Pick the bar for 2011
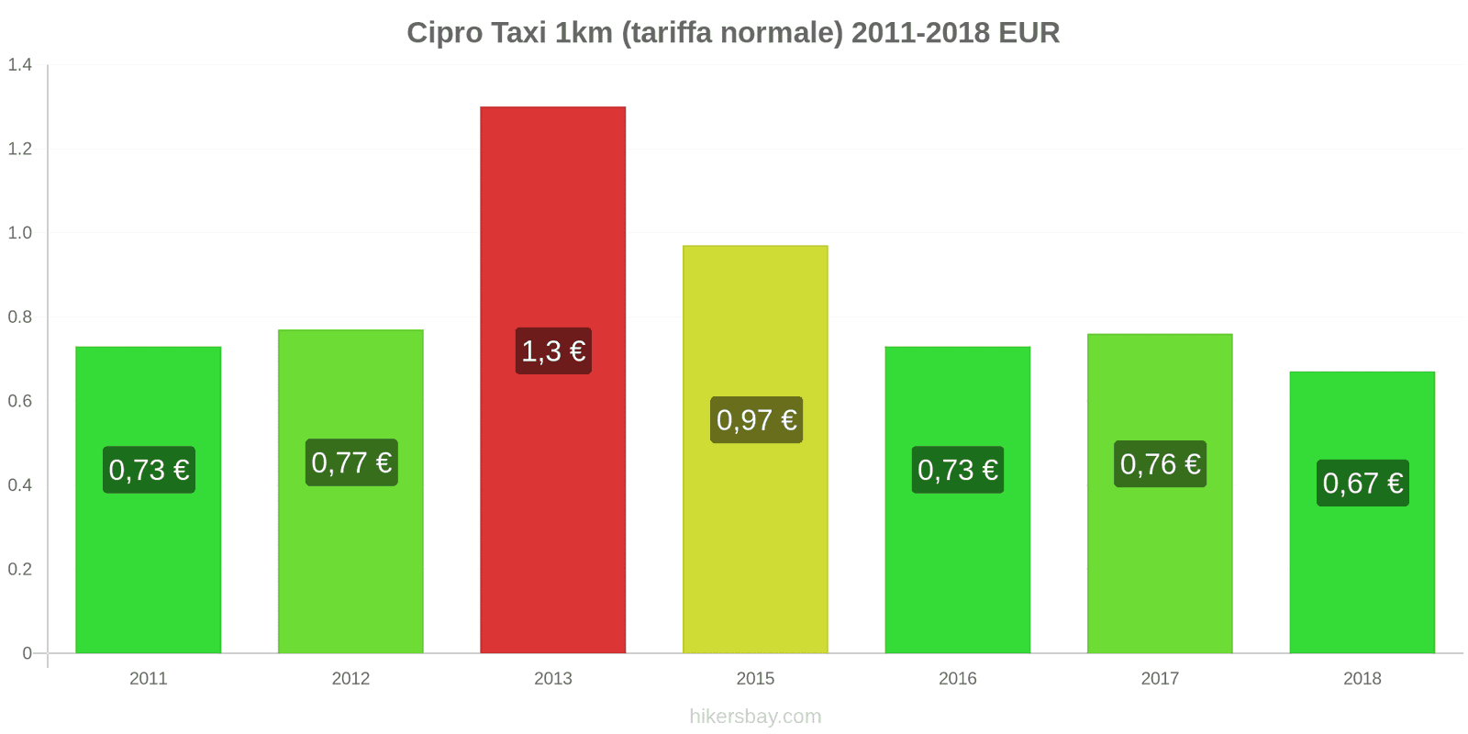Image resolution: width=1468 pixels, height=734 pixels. coord(149,569)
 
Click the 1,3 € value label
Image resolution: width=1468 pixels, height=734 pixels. coord(553,350)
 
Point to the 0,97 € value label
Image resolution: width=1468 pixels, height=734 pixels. coord(756,420)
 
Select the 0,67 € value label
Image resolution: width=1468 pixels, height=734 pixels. coord(1362,483)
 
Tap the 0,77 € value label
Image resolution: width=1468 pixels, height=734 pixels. coord(351,462)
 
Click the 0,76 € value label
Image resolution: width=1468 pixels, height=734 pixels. coord(1160,464)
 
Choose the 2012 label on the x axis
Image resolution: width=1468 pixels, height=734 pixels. coord(350,679)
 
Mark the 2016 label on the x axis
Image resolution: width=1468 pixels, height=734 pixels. coord(957,679)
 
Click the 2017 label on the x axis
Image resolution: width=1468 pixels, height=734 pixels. coord(1160,679)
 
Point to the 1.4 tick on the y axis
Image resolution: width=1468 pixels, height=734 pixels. coord(20,65)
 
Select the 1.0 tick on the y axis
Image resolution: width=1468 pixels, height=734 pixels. coord(20,233)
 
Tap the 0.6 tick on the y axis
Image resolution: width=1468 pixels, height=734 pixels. coord(20,401)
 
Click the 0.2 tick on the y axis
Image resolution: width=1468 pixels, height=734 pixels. coord(20,569)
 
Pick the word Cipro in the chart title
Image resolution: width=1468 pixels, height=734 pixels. coord(444,33)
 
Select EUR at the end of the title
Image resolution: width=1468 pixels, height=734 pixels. coord(1029,33)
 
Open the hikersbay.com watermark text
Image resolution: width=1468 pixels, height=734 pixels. coord(755,717)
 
